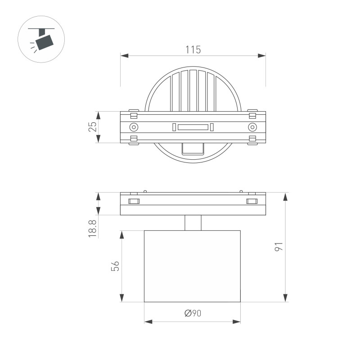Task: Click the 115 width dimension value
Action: coord(193,50)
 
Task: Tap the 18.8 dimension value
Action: coord(93,229)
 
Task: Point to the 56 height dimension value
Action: coord(115,266)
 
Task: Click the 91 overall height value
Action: coord(279,247)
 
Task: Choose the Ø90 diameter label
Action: coord(192,314)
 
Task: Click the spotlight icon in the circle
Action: coord(41,38)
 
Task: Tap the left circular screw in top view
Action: coord(134,127)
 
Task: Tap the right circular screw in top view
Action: coord(252,127)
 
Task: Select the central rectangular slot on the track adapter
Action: coord(193,127)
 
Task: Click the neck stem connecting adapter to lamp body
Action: coord(193,223)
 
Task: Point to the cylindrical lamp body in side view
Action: coord(192,266)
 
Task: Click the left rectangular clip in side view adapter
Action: coord(134,201)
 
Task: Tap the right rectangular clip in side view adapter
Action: coord(252,201)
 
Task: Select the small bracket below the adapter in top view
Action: coord(193,148)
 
